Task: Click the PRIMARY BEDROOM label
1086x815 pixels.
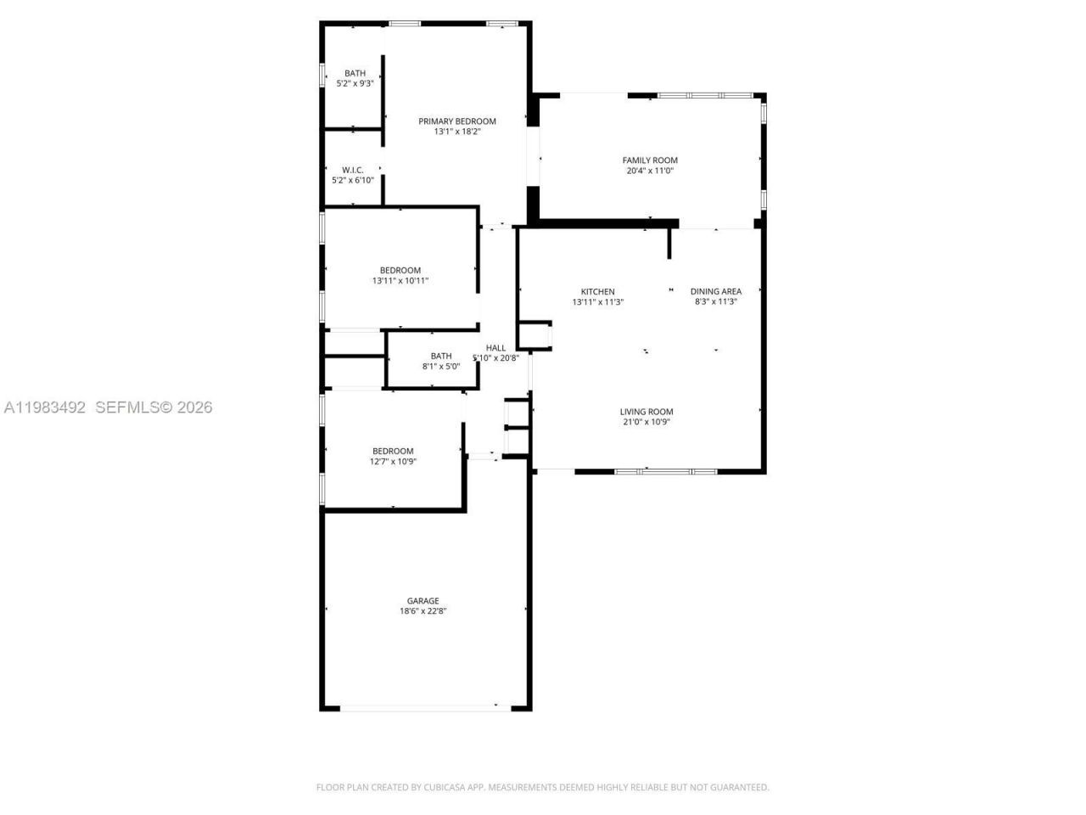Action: tap(456, 121)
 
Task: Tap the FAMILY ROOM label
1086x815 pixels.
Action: tap(650, 160)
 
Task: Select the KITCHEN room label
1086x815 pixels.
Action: tap(597, 292)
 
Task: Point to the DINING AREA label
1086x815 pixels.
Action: tap(715, 292)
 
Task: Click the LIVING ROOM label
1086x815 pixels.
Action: tap(647, 412)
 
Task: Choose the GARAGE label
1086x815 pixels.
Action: tap(423, 601)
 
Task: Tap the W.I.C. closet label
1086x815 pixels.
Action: tap(353, 170)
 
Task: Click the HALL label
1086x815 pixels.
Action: tap(495, 348)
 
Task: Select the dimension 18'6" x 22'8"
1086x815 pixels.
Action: tap(423, 611)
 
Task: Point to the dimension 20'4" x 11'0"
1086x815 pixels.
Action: tap(650, 171)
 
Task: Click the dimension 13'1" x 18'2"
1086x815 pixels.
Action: tap(456, 132)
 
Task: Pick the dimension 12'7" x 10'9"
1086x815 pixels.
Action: tap(393, 462)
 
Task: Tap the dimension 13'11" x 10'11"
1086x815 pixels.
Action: tap(400, 281)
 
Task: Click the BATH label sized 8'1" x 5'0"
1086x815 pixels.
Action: tap(441, 357)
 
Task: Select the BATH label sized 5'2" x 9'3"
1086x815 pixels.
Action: tap(355, 73)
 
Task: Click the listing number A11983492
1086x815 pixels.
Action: tap(45, 408)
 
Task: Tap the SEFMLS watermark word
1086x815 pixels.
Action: tap(127, 408)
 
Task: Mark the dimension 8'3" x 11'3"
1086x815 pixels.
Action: tap(715, 302)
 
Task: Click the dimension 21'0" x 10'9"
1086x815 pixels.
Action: tap(647, 422)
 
